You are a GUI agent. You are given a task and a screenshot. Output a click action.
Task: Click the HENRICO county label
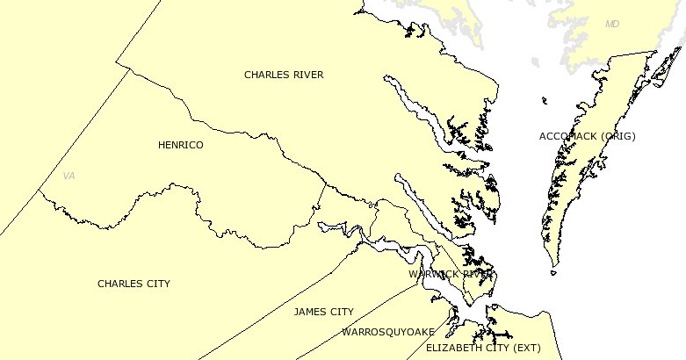(x=180, y=145)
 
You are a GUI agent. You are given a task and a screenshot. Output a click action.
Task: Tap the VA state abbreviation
(x=69, y=176)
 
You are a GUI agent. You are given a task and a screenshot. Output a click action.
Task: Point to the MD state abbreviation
(x=612, y=24)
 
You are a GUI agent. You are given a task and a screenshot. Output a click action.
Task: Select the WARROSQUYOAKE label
(x=388, y=332)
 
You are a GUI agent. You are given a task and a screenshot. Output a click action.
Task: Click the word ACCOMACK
(x=567, y=136)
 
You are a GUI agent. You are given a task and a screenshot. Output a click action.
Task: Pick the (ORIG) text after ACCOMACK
(x=616, y=136)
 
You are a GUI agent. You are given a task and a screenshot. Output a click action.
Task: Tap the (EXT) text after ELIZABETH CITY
(x=526, y=348)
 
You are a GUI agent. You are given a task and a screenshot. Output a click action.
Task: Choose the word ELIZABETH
(x=452, y=348)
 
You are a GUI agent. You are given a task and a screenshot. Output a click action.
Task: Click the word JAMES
(x=310, y=312)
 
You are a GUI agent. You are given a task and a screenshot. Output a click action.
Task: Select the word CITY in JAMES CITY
(x=342, y=312)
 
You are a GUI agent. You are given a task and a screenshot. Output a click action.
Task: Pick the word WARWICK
(x=434, y=274)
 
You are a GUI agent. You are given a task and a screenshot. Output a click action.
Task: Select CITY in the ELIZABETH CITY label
(x=495, y=348)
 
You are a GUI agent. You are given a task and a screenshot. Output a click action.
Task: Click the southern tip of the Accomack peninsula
(x=552, y=266)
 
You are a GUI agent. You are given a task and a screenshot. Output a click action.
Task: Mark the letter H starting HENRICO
(x=162, y=145)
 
